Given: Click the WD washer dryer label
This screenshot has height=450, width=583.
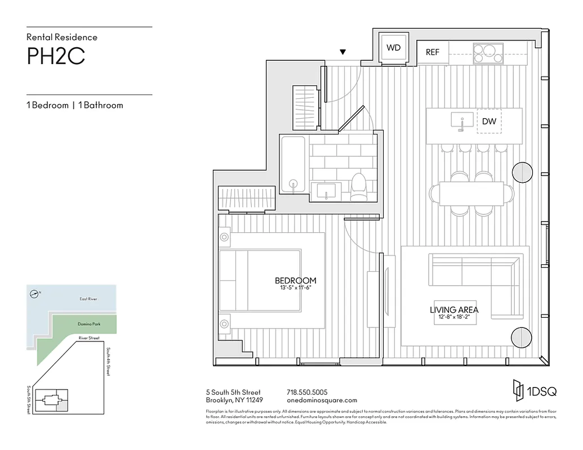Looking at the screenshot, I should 393,48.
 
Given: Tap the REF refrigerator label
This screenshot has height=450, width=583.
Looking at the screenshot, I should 432,52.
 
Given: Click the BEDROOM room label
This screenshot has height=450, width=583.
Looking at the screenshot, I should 295,280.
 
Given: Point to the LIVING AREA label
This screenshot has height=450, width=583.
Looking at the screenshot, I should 454,309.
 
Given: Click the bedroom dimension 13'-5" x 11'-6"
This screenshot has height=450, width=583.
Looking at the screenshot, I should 295,287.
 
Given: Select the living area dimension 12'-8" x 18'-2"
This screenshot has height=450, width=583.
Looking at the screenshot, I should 454,317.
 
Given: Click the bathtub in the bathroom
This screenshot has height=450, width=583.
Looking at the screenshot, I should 293,164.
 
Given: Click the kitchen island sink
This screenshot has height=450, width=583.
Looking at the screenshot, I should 462,120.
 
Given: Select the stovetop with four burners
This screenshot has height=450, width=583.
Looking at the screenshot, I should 488,53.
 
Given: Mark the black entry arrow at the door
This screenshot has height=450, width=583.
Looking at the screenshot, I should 342,53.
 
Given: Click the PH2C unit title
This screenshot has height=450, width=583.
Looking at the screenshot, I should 56,57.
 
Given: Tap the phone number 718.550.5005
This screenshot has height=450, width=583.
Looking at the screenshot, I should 307,392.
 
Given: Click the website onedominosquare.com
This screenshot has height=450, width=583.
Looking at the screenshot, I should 322,400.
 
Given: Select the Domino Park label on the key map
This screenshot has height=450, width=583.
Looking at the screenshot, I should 89,325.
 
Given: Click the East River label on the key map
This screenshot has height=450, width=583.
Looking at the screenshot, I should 88,299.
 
